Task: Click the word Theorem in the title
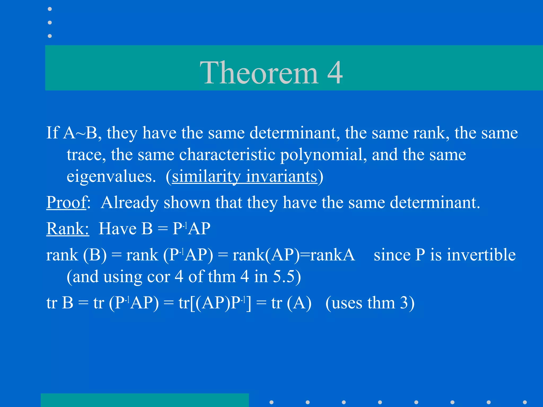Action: pos(259,73)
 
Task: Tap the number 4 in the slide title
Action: pos(335,73)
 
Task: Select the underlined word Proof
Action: pos(67,203)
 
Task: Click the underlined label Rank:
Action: pos(68,229)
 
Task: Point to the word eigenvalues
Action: pos(111,177)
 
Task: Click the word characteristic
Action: pos(227,155)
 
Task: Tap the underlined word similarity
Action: pos(206,177)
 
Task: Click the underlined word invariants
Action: pos(282,177)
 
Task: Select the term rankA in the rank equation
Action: pos(332,255)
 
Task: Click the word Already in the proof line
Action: pos(130,203)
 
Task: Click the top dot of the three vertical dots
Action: pos(50,9)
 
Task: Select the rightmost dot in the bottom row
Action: pos(525,402)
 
